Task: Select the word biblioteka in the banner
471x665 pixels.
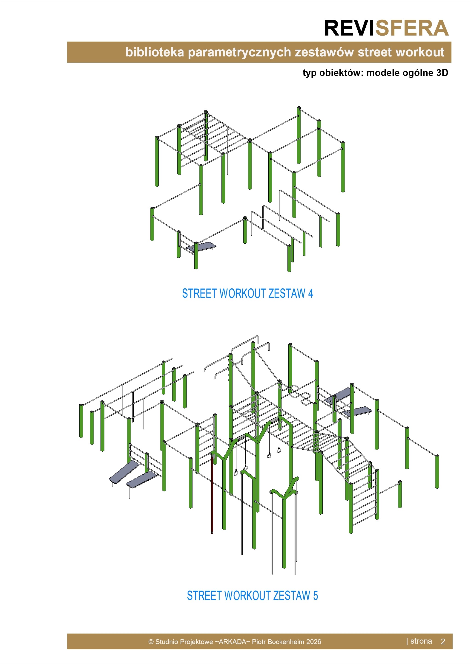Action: point(155,52)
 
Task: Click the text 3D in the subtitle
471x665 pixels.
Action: point(442,73)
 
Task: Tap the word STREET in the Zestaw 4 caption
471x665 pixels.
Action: point(199,293)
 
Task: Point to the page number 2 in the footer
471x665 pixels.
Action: point(443,642)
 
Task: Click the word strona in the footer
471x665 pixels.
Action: point(421,641)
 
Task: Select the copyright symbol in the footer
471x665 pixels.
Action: point(151,642)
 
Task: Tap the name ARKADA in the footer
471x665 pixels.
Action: point(232,642)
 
